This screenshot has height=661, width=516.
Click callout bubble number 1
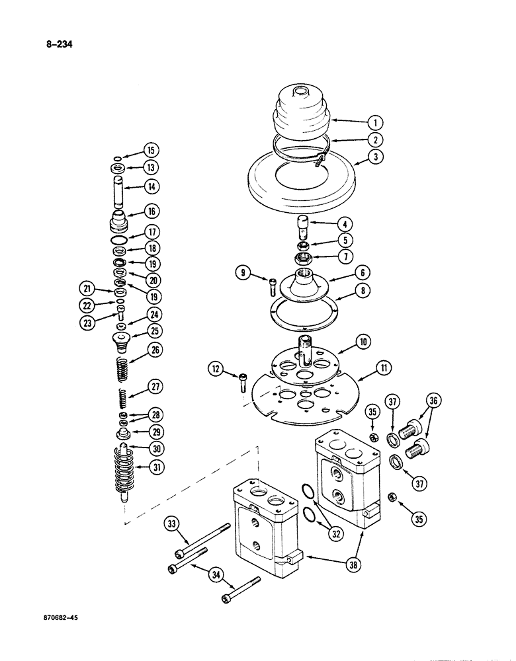click(x=374, y=122)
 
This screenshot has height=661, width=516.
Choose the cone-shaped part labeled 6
click(x=310, y=281)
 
